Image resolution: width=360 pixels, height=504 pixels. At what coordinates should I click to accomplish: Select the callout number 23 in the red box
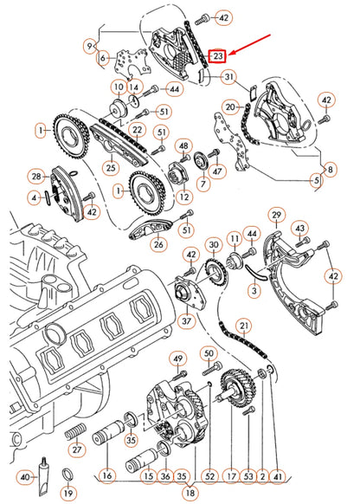pos(219,56)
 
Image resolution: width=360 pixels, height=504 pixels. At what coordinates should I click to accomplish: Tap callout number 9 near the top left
pos(89,44)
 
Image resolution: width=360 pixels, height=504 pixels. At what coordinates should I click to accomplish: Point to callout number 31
pos(228,78)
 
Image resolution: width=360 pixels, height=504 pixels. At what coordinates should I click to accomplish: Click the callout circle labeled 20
pos(229,107)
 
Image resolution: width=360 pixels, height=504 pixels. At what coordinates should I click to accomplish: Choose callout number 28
pos(36,177)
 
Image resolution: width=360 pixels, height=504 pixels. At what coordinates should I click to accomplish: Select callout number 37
pos(185,322)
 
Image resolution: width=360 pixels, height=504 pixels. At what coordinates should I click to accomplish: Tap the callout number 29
pos(277,215)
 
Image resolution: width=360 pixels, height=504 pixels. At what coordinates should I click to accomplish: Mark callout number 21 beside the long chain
pos(245,326)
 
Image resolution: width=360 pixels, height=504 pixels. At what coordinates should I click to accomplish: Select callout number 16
pos(107,476)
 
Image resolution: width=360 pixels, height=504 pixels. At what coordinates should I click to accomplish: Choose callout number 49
pos(178,359)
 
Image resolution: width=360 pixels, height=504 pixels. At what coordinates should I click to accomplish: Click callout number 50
pos(208,353)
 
